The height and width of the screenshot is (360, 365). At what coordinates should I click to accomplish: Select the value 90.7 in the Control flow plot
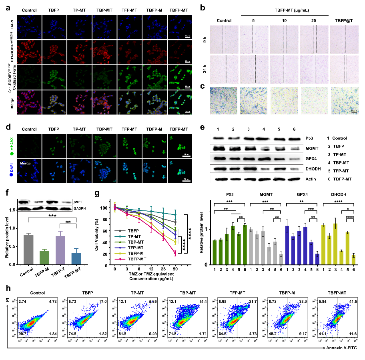[20, 334]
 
